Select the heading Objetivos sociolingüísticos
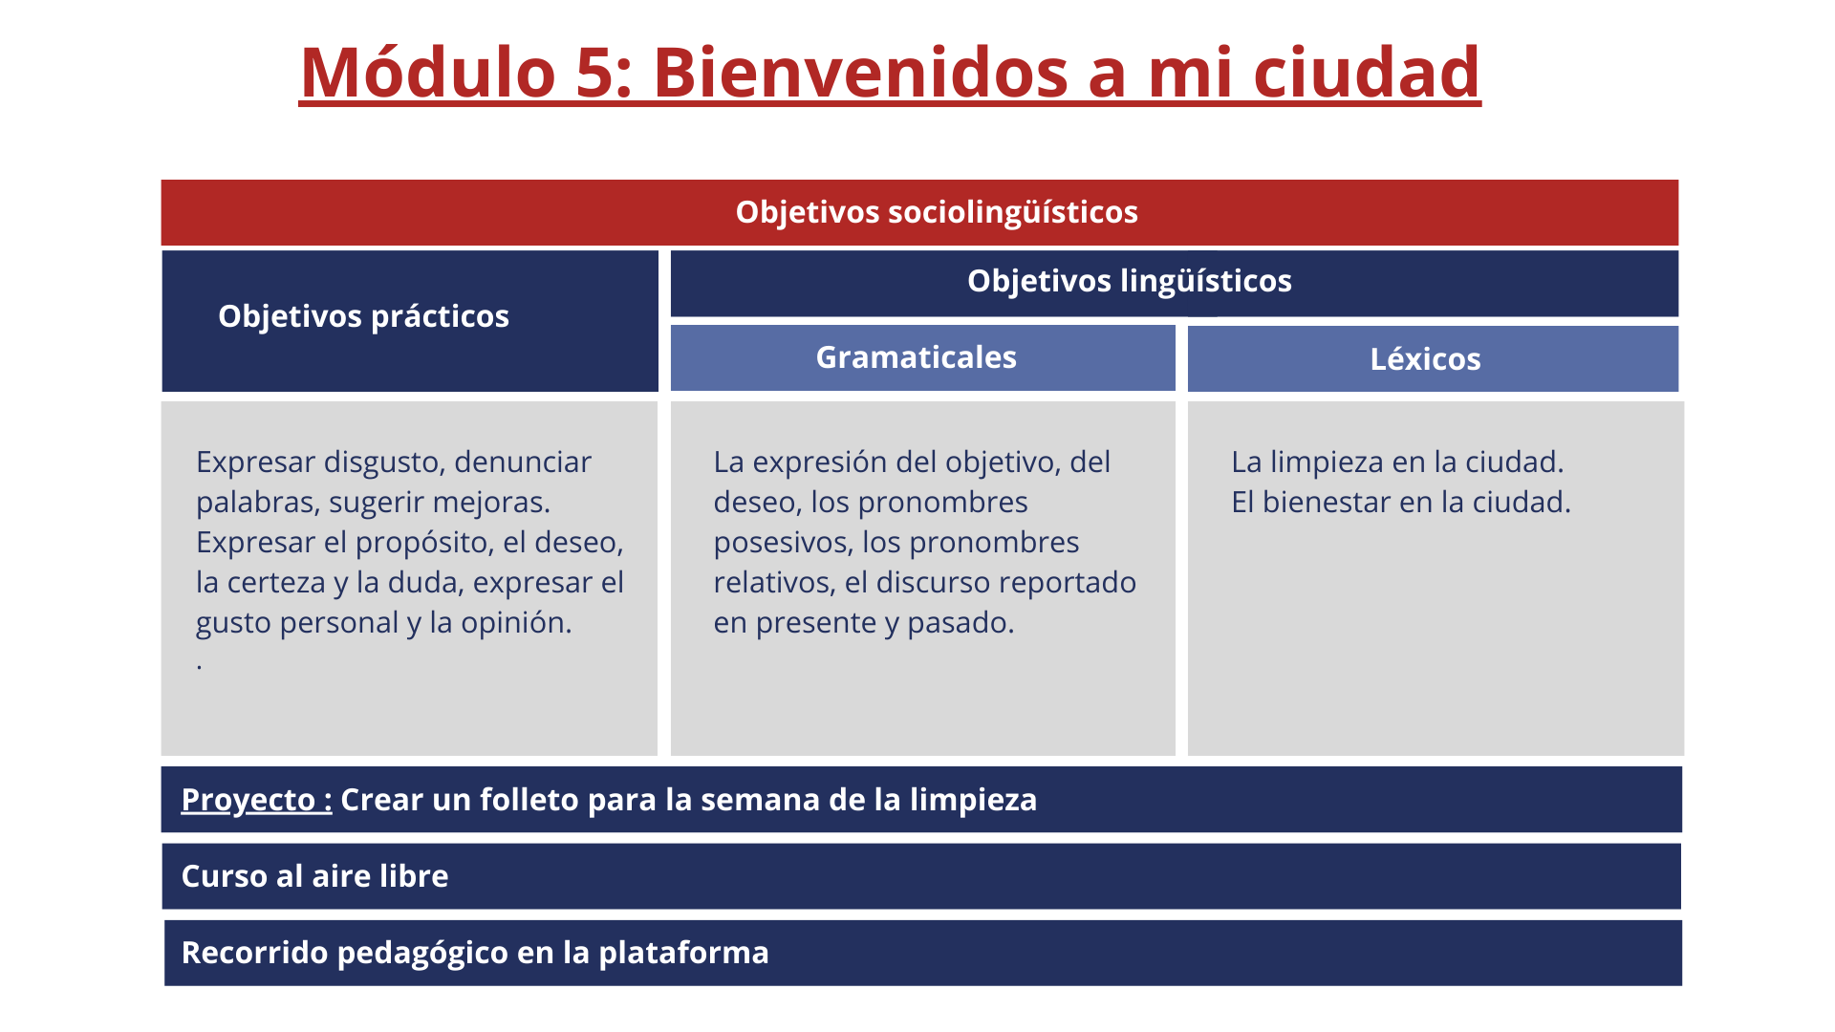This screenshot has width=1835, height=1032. pyautogui.click(x=937, y=212)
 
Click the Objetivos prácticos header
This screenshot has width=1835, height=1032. pyautogui.click(x=363, y=316)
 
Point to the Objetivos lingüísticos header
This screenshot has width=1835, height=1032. pyautogui.click(x=1130, y=281)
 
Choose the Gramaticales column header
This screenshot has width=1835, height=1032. pyautogui.click(x=916, y=357)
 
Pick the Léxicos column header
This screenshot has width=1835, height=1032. pyautogui.click(x=1425, y=359)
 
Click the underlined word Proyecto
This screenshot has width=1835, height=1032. pyautogui.click(x=248, y=800)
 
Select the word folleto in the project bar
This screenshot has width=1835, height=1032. pyautogui.click(x=529, y=800)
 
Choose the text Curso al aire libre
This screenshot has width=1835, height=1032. pyautogui.click(x=315, y=876)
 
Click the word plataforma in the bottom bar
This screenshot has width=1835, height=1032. pyautogui.click(x=683, y=953)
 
